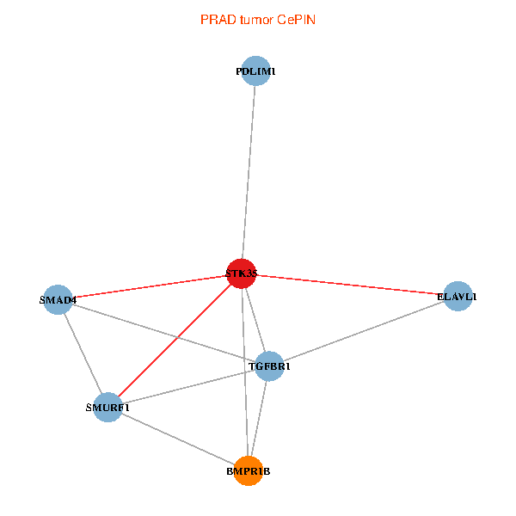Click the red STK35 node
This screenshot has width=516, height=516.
pos(242,273)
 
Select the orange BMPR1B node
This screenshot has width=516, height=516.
pos(249,470)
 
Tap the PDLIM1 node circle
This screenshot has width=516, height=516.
pos(255,71)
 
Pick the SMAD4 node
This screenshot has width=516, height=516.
pos(58,299)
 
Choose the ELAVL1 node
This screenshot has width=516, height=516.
pos(457,297)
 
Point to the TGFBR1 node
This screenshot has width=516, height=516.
pos(270,365)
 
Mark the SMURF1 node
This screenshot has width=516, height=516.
pos(107,406)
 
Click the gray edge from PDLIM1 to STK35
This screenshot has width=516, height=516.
pos(249,172)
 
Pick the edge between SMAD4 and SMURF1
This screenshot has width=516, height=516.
pos(82,353)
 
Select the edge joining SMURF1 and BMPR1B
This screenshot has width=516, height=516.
pos(177,438)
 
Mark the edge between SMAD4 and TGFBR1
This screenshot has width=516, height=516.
pos(163,332)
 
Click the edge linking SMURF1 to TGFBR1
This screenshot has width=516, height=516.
pos(188,385)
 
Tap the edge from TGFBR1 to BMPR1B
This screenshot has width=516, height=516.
pos(259,418)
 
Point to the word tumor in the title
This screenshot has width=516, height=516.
pos(256,20)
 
